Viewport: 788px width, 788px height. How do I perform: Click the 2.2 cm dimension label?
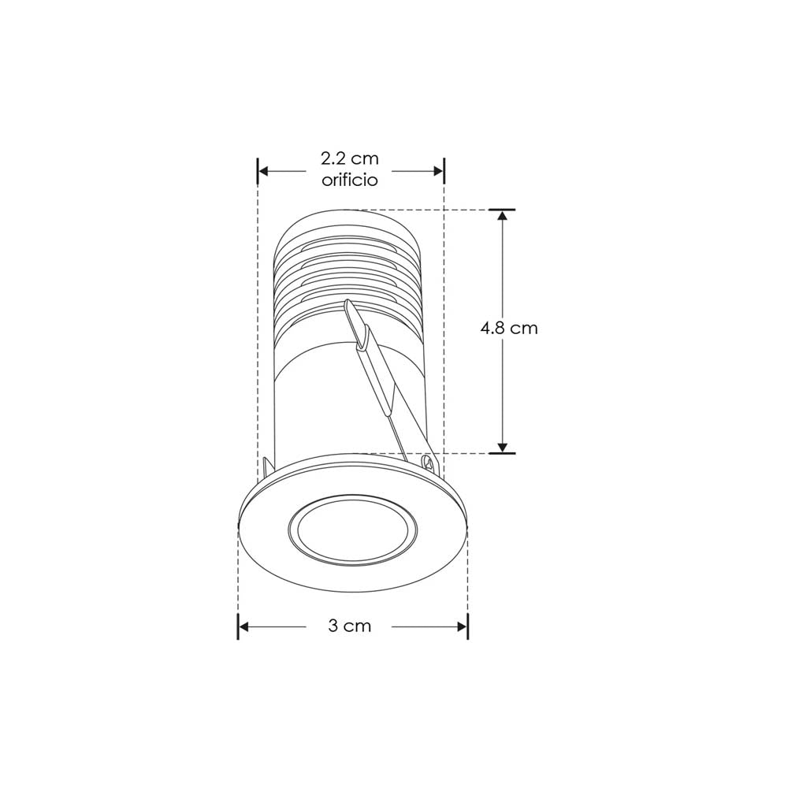(x=350, y=160)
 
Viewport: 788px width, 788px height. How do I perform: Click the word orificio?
(x=350, y=180)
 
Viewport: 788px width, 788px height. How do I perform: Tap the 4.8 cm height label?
(x=509, y=328)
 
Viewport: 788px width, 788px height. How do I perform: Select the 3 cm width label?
(x=349, y=626)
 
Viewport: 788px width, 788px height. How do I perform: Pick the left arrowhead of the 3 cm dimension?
(x=244, y=626)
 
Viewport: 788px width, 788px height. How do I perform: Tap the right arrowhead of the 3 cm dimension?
(x=462, y=626)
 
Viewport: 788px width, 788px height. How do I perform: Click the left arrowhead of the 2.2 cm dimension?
(x=265, y=170)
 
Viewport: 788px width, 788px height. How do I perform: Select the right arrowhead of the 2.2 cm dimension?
(x=438, y=170)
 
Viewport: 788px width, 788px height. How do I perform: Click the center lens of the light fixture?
(x=349, y=532)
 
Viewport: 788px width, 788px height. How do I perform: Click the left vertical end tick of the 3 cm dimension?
(x=238, y=626)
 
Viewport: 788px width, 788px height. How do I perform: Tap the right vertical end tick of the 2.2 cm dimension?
(x=444, y=170)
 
